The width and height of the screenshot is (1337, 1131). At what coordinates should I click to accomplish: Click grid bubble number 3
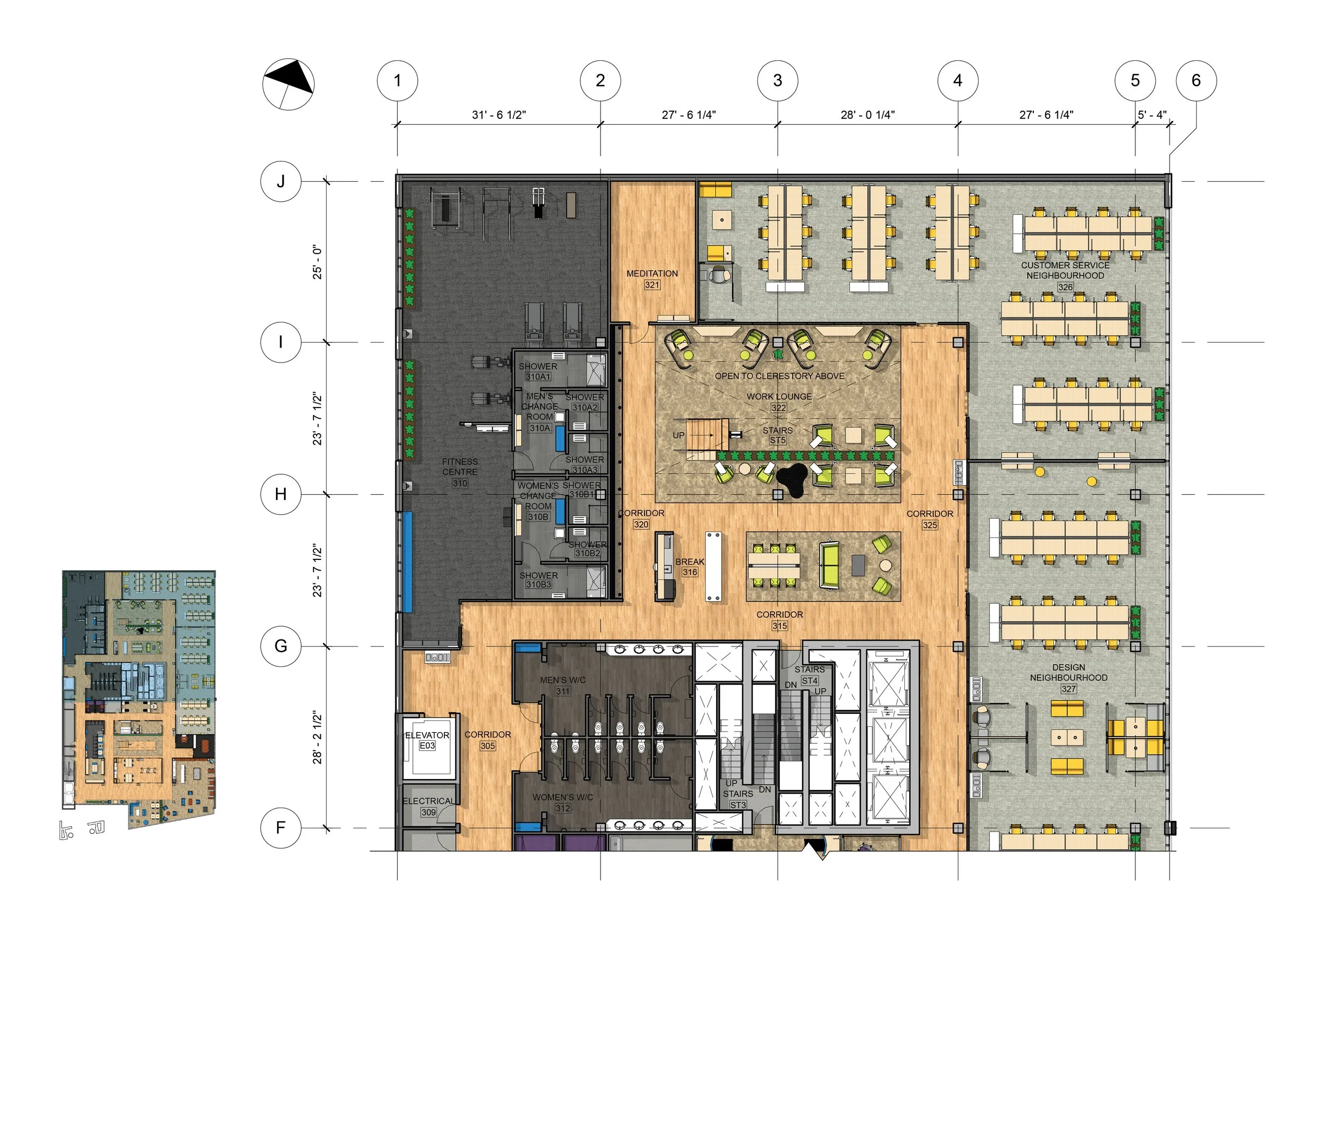click(777, 81)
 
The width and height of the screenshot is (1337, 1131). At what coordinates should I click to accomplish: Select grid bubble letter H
click(280, 494)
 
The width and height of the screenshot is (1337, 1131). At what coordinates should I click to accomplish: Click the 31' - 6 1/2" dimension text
click(498, 115)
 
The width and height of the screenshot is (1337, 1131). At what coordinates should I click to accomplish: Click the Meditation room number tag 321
click(651, 284)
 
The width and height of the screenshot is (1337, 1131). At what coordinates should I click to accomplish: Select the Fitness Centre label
click(459, 466)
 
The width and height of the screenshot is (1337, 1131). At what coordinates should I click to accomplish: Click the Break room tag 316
click(689, 572)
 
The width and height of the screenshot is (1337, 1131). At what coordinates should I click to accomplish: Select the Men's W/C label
click(563, 680)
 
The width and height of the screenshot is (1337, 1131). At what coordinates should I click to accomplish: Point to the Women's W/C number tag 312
click(563, 809)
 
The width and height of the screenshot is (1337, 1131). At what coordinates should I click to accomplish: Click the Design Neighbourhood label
click(1069, 672)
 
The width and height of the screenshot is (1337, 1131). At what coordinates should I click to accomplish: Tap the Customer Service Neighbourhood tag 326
click(1065, 287)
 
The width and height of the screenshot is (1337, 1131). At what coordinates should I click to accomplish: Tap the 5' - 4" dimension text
click(1151, 115)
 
